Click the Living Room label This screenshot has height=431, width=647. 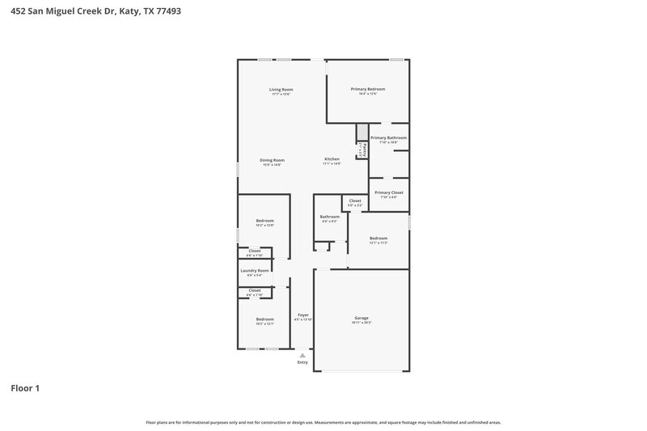click(x=281, y=89)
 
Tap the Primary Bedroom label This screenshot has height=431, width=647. click(x=367, y=89)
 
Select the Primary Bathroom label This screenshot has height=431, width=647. click(x=388, y=138)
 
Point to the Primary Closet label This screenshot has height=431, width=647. click(x=388, y=192)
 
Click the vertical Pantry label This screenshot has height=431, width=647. click(x=366, y=150)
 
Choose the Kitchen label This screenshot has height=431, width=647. click(x=332, y=159)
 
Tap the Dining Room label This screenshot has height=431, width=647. click(x=272, y=160)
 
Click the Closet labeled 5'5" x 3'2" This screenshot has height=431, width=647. click(x=355, y=201)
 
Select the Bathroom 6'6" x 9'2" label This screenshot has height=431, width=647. click(x=329, y=217)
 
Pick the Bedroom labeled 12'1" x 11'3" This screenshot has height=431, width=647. click(x=378, y=239)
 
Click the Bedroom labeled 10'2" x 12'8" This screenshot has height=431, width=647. click(x=265, y=221)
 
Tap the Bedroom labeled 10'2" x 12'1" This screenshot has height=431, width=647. click(x=265, y=319)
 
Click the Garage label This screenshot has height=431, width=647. click(x=361, y=318)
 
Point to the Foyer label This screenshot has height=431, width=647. click(x=303, y=315)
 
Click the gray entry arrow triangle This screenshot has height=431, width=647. click(x=302, y=355)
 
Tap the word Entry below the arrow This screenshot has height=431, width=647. click(x=302, y=362)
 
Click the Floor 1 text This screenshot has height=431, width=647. click(x=25, y=388)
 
